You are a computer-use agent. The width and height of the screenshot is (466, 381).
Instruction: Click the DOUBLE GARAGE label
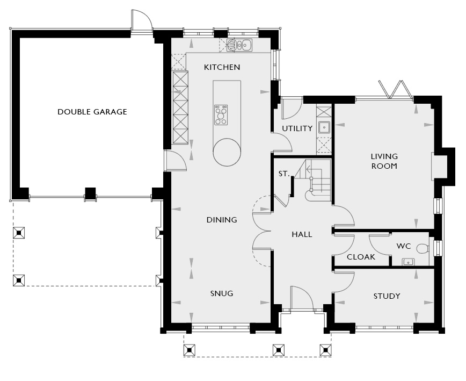click(92, 112)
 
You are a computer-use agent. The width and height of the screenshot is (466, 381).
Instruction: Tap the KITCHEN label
click(222, 67)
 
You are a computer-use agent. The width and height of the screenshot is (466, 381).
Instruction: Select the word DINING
click(222, 220)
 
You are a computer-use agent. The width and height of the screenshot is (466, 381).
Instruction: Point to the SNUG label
click(222, 293)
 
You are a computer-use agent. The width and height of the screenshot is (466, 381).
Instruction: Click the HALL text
click(302, 234)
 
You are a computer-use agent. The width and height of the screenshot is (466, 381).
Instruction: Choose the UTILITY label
click(297, 128)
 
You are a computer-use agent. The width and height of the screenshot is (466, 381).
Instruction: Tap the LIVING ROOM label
click(384, 161)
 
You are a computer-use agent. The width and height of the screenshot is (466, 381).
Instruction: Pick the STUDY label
click(387, 296)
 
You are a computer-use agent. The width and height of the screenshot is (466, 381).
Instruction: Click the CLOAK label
click(361, 257)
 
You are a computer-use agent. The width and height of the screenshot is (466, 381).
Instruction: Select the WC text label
click(404, 246)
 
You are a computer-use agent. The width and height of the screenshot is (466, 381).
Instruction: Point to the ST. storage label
click(284, 174)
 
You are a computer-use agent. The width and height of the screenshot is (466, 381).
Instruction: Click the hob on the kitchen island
click(221, 115)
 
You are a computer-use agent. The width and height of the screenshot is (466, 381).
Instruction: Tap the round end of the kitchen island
click(227, 152)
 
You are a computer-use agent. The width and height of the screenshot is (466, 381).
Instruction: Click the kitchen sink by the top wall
click(239, 45)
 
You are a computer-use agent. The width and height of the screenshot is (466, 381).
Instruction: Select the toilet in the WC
click(423, 248)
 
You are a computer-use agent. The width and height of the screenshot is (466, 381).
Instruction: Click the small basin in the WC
click(409, 262)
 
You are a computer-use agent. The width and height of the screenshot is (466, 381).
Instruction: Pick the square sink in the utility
click(324, 127)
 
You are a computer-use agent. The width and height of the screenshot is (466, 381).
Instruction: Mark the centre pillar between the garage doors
click(90, 193)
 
